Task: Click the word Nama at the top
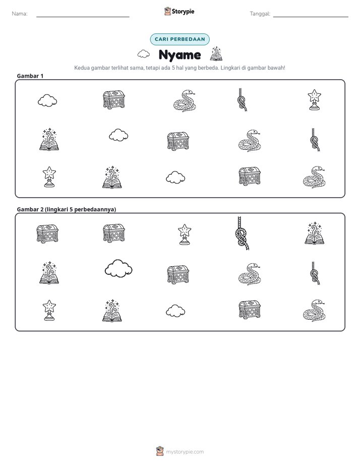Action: point(19,14)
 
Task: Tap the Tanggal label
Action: point(260,14)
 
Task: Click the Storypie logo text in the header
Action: point(183,12)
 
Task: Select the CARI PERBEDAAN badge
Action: point(179,39)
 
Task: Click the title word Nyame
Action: point(179,55)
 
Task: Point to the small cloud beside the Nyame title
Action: point(144,54)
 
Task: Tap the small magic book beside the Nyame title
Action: point(216,54)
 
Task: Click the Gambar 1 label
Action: point(30,76)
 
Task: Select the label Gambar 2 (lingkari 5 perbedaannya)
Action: point(66,209)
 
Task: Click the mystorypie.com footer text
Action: point(185,452)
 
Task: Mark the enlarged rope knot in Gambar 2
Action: point(242,234)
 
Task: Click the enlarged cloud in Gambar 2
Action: point(118,268)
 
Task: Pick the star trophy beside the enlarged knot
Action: point(185,235)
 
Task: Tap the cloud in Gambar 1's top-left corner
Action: point(47,100)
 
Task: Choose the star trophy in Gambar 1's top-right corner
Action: point(314,100)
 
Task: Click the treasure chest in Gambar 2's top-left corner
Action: point(47,234)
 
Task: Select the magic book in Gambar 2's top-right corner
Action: point(314,233)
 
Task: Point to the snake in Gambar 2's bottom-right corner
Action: point(314,311)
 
